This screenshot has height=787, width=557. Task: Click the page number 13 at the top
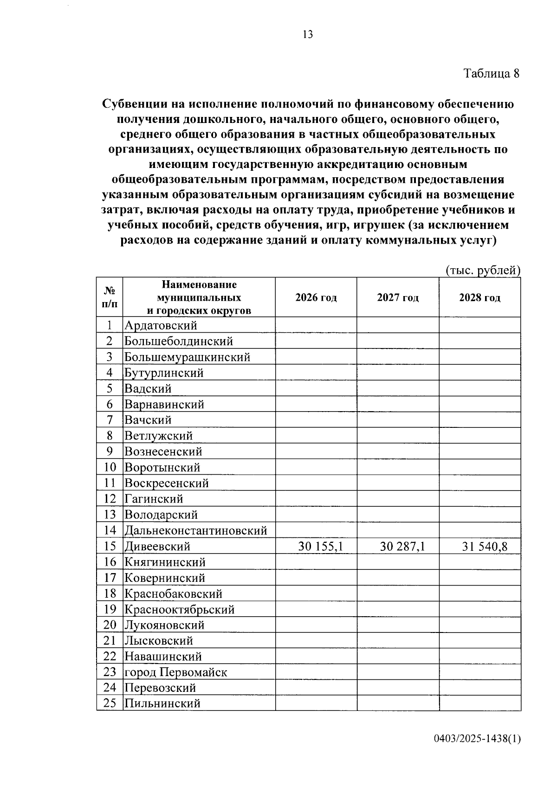[x=307, y=34]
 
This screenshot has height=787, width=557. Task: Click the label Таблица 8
[x=491, y=73]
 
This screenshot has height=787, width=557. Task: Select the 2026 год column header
[x=316, y=297]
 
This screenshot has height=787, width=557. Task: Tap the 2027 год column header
[x=398, y=297]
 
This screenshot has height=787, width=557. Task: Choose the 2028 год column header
[x=479, y=297]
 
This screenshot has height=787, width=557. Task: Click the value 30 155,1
[x=320, y=546]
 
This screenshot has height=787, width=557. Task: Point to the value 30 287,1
[x=402, y=546]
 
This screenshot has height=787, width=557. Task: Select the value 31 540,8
[x=485, y=546]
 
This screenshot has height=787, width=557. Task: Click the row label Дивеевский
[x=157, y=546]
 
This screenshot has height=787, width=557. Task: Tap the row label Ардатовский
[x=161, y=325]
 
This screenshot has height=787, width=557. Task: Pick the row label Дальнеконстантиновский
[x=195, y=530]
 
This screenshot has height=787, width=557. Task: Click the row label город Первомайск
[x=175, y=672]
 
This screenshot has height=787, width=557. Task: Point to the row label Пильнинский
[x=162, y=703]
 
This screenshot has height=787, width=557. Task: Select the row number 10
[x=110, y=467]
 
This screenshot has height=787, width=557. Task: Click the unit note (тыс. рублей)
[x=482, y=271]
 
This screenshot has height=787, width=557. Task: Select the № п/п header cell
[x=110, y=297]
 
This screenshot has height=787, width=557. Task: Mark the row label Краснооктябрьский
[x=179, y=609]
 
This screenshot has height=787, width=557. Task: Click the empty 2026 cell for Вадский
[x=316, y=388]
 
